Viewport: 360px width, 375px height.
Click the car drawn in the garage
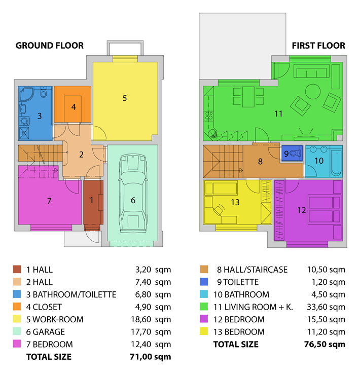pos(133,193)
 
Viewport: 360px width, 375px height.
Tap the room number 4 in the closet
pos(74,107)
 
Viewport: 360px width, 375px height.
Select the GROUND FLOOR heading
pos(50,46)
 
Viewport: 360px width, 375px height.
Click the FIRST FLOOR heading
pos(318,46)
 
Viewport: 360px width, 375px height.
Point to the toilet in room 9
pos(296,153)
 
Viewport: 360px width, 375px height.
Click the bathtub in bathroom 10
pos(336,162)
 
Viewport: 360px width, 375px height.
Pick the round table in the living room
pos(313,91)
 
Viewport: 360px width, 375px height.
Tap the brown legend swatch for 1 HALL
pos(17,269)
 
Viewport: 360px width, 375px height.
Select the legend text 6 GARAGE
pos(46,332)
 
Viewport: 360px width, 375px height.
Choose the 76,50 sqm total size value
pos(325,345)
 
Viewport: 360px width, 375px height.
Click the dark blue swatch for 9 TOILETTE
pos(204,282)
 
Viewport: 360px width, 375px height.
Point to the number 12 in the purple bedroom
pos(301,210)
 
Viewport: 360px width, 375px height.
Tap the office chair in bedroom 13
pos(219,210)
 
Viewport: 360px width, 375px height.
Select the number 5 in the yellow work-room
pos(124,98)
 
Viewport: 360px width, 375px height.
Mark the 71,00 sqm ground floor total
pos(151,357)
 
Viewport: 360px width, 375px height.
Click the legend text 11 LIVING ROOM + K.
pos(253,307)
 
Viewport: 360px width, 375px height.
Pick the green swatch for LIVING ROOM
pos(204,307)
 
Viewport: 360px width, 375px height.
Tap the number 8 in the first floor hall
pos(260,162)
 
